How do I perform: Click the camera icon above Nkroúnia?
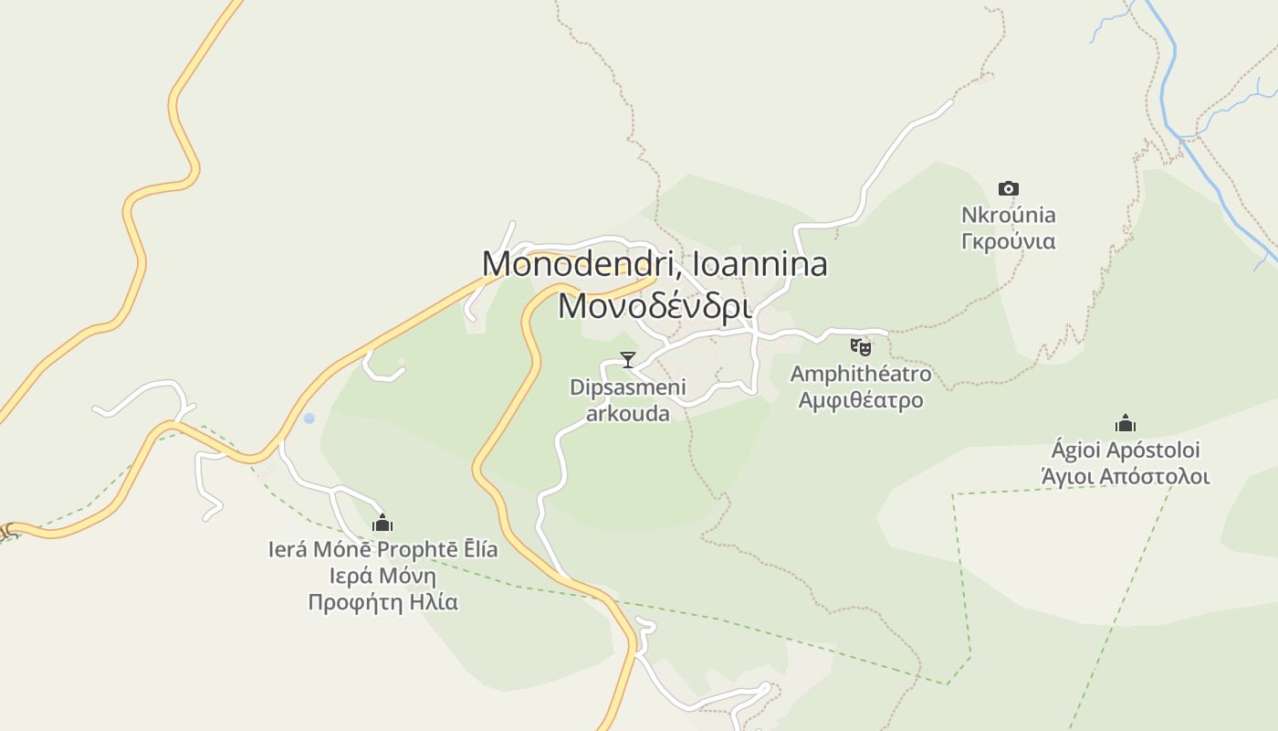(1008, 189)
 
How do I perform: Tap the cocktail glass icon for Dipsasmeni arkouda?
(627, 359)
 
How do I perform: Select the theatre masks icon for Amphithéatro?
(860, 346)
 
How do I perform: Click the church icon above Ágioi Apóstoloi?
(1125, 423)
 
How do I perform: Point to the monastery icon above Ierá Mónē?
(382, 523)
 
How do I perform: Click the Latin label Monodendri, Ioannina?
(655, 264)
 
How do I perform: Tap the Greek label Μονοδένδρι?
(655, 306)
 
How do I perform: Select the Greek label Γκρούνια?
(1008, 241)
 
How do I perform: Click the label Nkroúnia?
(1008, 216)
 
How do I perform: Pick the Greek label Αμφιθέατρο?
(861, 400)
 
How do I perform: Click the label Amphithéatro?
(861, 374)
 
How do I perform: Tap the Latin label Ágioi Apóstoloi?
(1125, 450)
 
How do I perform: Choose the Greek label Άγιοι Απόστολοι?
(1125, 476)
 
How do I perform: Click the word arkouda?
(627, 414)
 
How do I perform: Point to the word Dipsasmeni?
(627, 387)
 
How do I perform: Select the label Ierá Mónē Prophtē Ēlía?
(382, 550)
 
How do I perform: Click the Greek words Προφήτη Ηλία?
(382, 602)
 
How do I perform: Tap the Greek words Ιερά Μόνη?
(382, 577)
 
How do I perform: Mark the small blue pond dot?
(309, 418)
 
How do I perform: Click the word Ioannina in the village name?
(760, 264)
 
